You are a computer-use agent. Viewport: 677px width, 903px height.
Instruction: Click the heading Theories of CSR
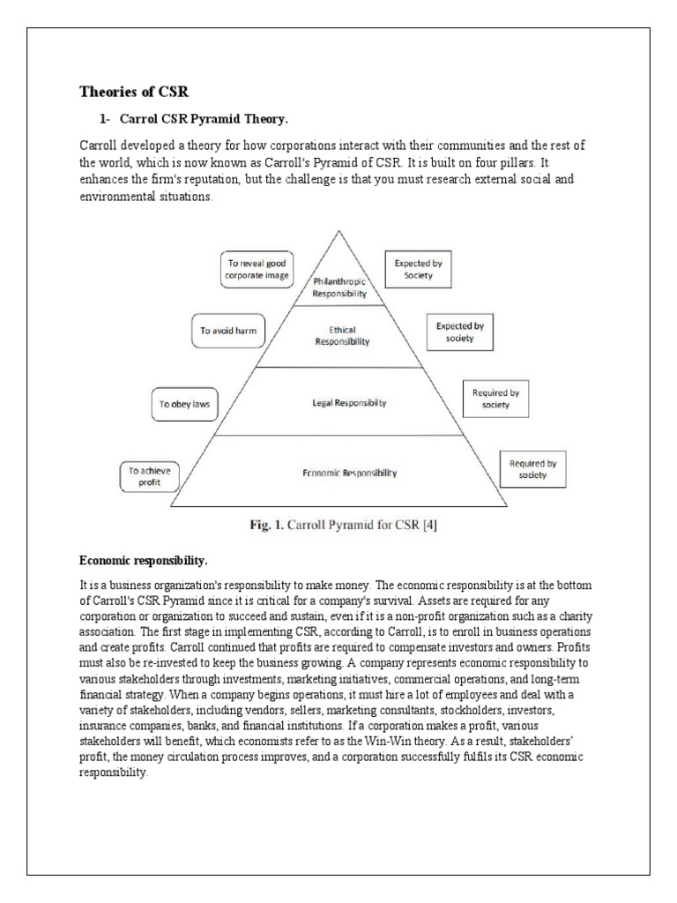[x=134, y=91]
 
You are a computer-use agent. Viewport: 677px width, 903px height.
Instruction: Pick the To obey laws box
[x=184, y=405]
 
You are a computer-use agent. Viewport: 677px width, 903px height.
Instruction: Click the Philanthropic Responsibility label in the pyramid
[x=339, y=287]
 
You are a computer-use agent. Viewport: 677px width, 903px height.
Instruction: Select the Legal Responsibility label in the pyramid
[x=349, y=403]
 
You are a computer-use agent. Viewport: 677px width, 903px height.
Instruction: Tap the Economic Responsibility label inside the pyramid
[x=344, y=473]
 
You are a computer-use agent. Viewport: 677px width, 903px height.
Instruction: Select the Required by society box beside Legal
[x=496, y=398]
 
